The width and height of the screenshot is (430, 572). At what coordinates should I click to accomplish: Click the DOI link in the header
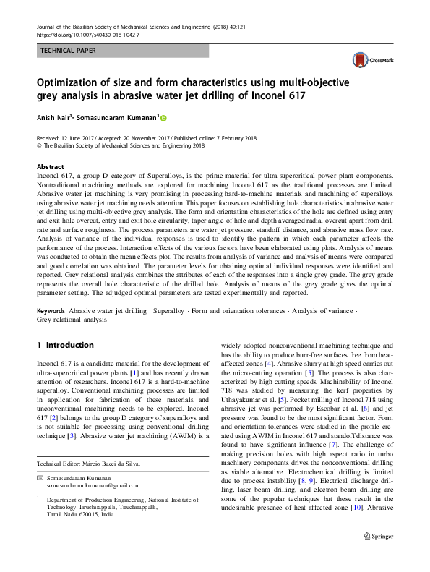pyautogui.click(x=87, y=34)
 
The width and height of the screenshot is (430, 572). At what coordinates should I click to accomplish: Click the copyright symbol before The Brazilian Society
pyautogui.click(x=39, y=145)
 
